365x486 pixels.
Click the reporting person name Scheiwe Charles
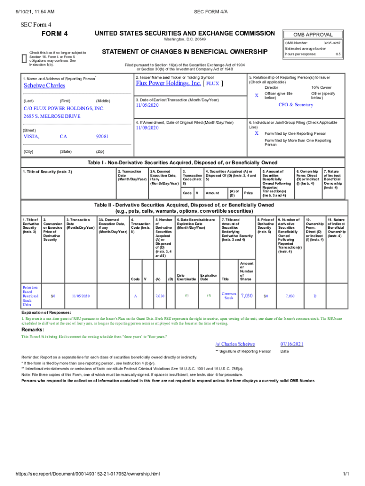tap(44, 86)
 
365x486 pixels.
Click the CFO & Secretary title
tap(295, 104)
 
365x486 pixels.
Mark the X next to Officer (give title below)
tap(256, 96)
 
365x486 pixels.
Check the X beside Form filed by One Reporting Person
tap(256, 133)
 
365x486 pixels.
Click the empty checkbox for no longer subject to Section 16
tap(25, 57)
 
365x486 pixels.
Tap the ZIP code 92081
tap(102, 137)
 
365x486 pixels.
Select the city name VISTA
tap(31, 137)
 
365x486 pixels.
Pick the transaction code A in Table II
tap(136, 296)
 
